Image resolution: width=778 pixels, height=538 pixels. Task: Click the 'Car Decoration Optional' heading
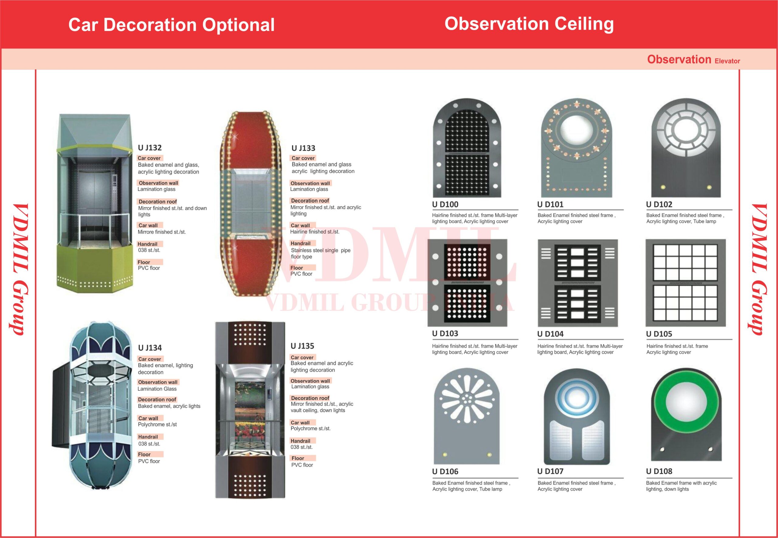tap(171, 25)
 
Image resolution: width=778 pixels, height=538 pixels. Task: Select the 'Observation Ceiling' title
tap(529, 24)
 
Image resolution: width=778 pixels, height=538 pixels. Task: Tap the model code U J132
tap(150, 148)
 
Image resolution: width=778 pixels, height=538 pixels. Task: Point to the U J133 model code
tap(303, 148)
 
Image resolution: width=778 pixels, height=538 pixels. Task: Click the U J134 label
tap(150, 348)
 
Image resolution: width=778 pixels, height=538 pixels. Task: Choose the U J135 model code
tap(302, 346)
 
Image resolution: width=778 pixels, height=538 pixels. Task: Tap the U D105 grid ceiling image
tap(685, 283)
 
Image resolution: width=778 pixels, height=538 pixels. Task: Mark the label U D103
tap(445, 333)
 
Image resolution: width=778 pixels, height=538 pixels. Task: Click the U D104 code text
tap(550, 334)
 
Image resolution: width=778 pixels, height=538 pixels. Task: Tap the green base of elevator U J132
tap(95, 266)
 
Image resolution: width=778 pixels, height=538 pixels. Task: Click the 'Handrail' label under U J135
tap(300, 441)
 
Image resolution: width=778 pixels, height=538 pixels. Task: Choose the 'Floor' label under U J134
tap(144, 455)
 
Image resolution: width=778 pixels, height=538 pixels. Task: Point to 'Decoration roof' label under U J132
tap(157, 202)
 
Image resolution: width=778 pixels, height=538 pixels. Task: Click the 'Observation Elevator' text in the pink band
tap(693, 60)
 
